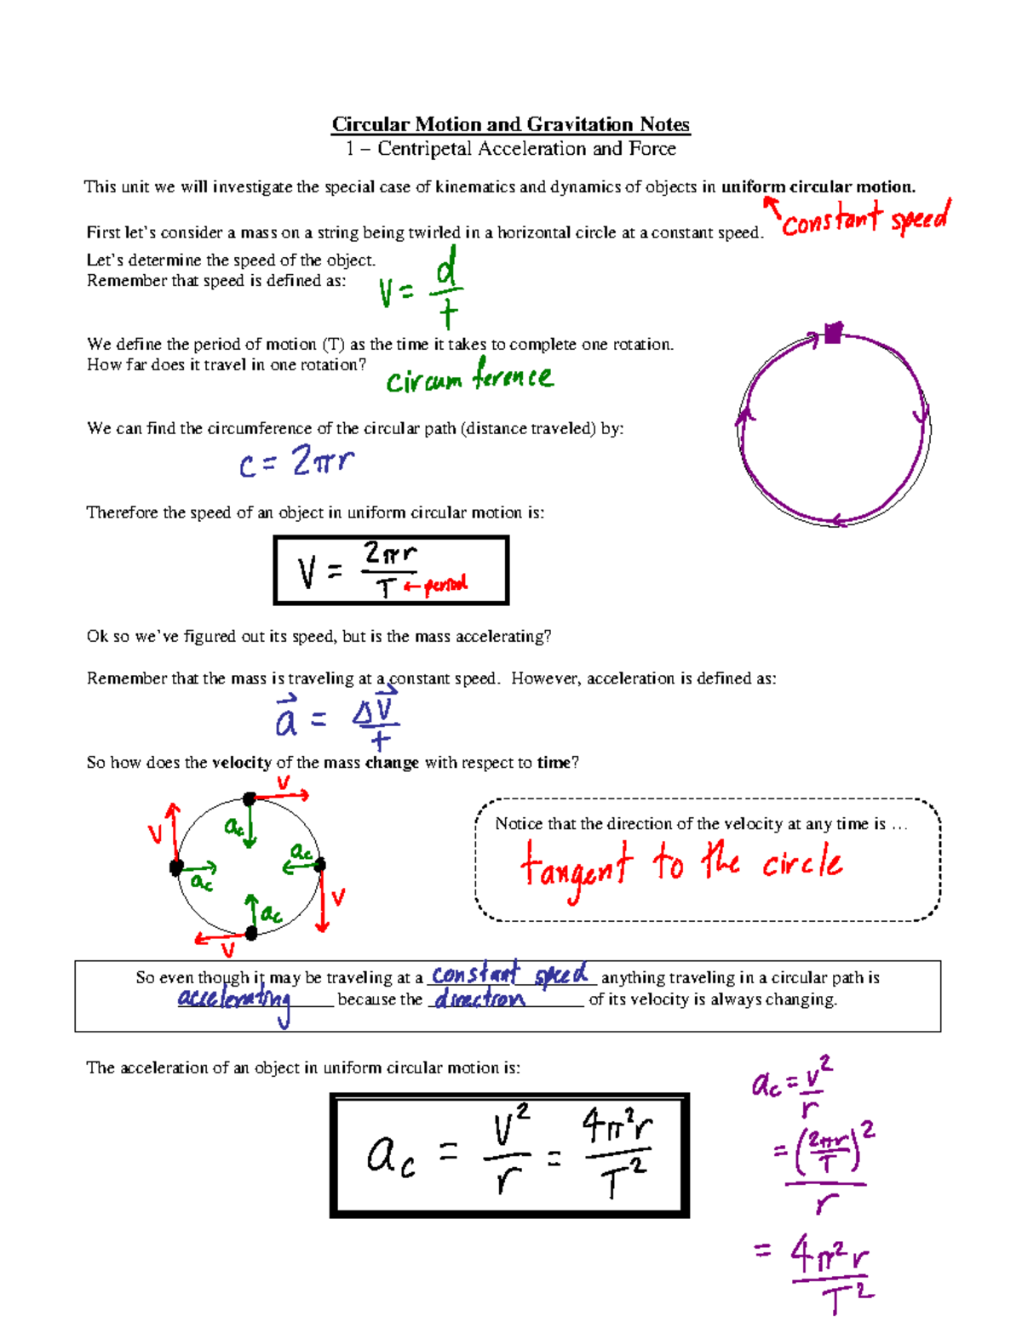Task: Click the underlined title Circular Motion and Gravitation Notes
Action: coord(511,124)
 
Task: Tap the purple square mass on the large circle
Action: coord(833,333)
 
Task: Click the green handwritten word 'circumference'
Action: coord(469,376)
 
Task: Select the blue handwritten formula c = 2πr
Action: coord(296,462)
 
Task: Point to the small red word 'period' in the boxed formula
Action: coord(445,585)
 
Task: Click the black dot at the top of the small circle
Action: coord(250,798)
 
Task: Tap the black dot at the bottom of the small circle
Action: coord(251,933)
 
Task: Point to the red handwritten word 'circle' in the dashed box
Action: coord(801,863)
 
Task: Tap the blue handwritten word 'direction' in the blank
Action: coord(479,999)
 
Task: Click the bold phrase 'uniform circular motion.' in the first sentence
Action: coord(818,187)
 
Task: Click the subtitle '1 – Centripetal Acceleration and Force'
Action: coord(511,149)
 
